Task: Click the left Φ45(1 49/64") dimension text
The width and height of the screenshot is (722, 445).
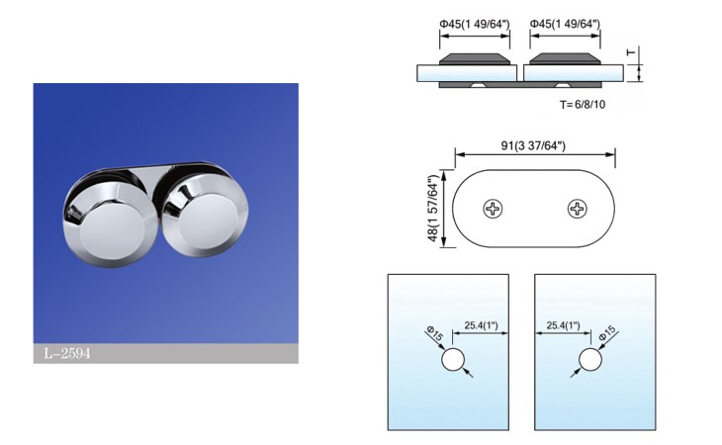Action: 475,24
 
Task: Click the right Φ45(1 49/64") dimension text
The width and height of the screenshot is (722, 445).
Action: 566,24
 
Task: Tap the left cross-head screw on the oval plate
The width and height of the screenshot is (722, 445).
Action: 492,209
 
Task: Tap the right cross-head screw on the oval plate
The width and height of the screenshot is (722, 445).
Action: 577,209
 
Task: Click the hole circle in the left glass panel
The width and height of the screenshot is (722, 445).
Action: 453,359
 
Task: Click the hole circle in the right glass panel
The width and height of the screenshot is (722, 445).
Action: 590,359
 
